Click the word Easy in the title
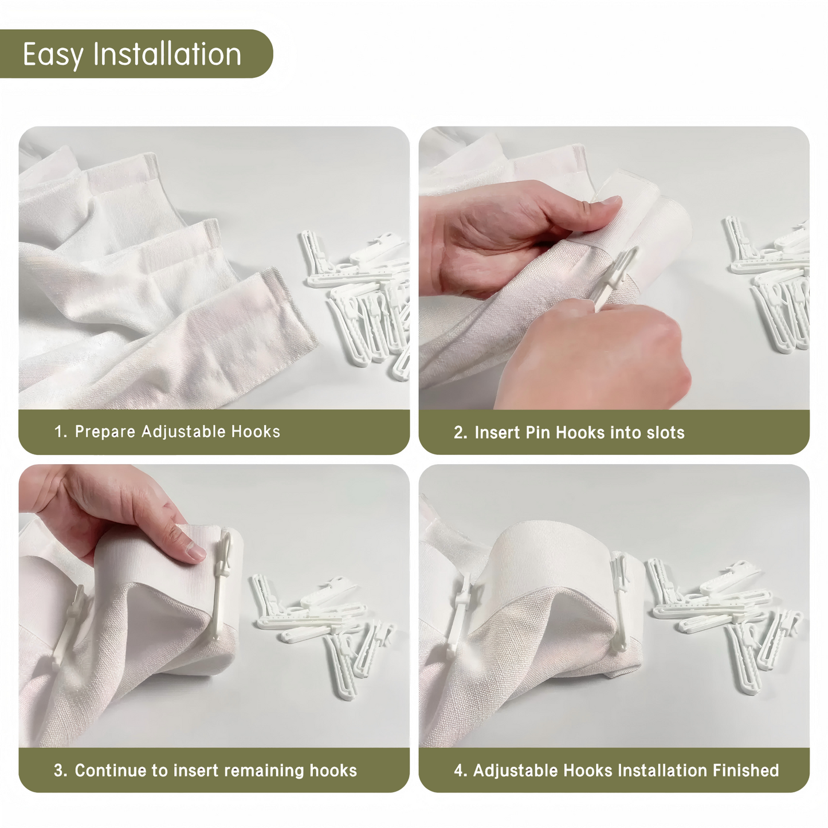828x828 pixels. [x=53, y=56]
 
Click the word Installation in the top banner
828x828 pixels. [x=167, y=54]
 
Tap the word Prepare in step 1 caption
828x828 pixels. [x=105, y=431]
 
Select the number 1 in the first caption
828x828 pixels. [x=59, y=431]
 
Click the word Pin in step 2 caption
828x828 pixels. [x=537, y=433]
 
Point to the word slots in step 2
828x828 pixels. [x=665, y=433]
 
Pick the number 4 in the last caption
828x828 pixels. [x=458, y=770]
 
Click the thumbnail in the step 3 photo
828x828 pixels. [x=195, y=552]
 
